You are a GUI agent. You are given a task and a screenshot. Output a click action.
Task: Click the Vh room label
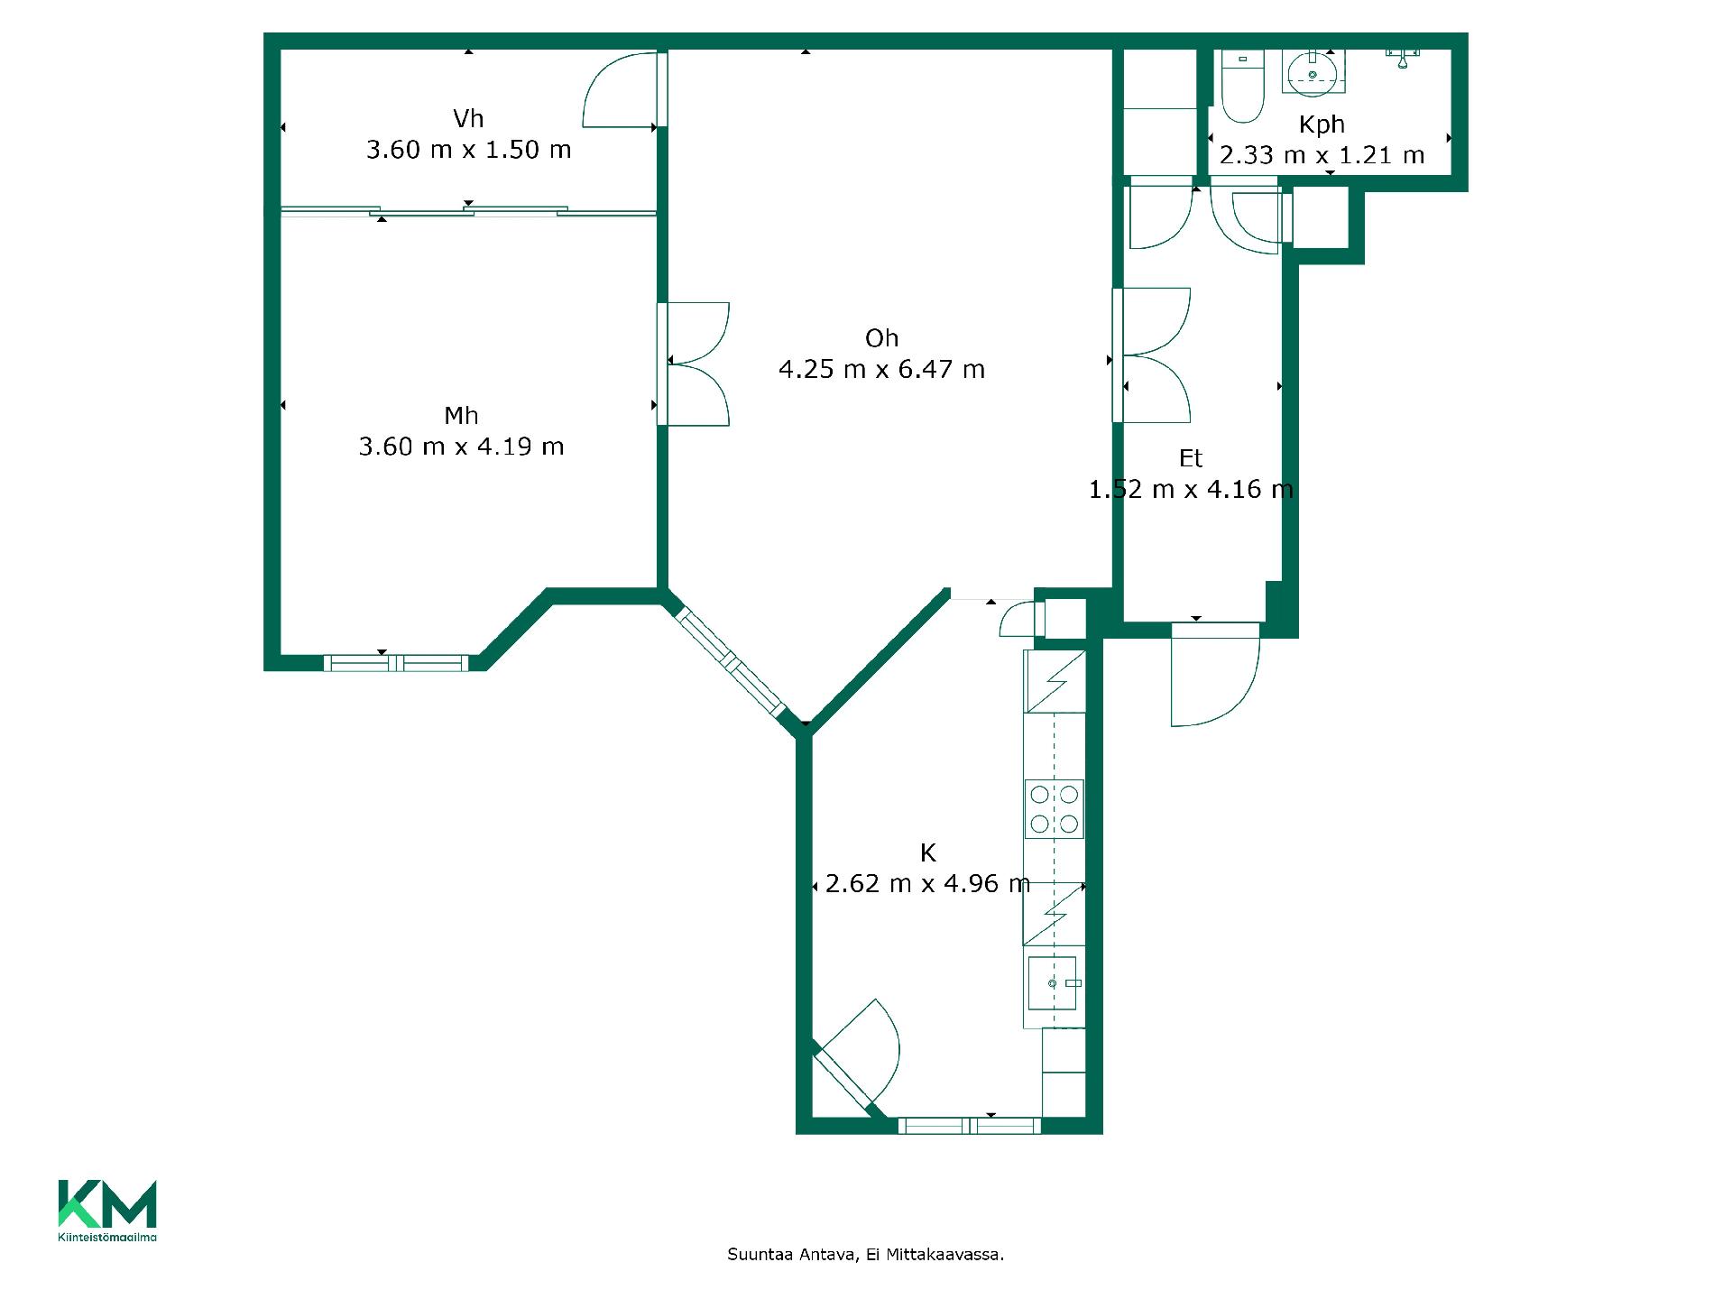(x=468, y=118)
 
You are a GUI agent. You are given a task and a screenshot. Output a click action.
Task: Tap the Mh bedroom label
(x=461, y=415)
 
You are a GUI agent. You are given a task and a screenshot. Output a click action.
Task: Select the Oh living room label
(x=881, y=337)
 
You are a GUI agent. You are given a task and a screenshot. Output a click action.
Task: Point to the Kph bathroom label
(x=1322, y=124)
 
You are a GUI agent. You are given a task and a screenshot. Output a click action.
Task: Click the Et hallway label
(x=1191, y=458)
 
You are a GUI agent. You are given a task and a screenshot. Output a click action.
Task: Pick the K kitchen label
(x=927, y=852)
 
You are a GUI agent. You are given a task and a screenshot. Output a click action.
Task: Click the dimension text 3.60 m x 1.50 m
(x=468, y=149)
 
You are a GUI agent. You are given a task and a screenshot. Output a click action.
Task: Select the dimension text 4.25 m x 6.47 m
(x=881, y=369)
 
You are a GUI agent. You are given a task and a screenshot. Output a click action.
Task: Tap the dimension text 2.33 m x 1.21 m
(x=1322, y=155)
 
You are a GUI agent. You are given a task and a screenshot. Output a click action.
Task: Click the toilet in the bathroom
(x=1242, y=86)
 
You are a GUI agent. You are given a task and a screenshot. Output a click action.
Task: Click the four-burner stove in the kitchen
(x=1054, y=808)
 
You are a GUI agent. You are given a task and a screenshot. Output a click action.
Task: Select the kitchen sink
(x=1053, y=982)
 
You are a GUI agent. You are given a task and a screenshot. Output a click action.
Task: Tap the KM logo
(x=107, y=1210)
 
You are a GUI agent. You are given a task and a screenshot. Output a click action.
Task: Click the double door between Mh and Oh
(x=694, y=364)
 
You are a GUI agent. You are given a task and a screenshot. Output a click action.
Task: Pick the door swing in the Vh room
(x=620, y=89)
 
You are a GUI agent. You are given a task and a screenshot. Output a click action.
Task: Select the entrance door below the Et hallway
(x=1214, y=674)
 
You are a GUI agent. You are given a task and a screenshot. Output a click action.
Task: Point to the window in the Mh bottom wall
(x=396, y=663)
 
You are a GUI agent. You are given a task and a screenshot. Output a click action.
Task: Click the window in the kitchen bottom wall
(x=969, y=1126)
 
